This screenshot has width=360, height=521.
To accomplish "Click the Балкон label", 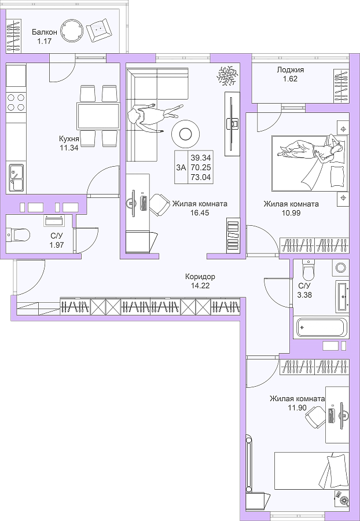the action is tap(45, 32).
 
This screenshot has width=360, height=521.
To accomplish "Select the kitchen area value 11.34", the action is tap(69, 148).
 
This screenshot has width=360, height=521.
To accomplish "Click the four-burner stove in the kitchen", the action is tap(16, 102).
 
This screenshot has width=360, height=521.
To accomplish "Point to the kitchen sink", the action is tap(16, 178).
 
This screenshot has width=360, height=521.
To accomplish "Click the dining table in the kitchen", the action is tap(98, 116).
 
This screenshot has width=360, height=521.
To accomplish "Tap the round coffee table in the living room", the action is tap(185, 134).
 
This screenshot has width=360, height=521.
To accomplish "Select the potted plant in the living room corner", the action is tap(227, 75).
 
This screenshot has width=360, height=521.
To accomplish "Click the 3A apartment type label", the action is tap(181, 167).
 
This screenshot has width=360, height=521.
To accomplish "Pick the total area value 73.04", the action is tap(201, 178).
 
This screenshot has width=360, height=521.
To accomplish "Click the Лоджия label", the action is tap(291, 70).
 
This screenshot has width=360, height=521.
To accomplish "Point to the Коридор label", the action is tap(200, 276).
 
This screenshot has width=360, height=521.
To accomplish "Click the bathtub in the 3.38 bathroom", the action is tap(321, 328).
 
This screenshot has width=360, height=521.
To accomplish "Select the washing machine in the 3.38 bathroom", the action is tap(341, 268).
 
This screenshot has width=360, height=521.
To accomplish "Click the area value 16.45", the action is tap(200, 213).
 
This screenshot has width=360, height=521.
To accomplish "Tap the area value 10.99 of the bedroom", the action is tap(291, 213).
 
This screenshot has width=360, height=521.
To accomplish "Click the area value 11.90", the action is tap(296, 408).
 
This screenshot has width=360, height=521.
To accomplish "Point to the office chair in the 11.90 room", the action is tap(315, 417).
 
